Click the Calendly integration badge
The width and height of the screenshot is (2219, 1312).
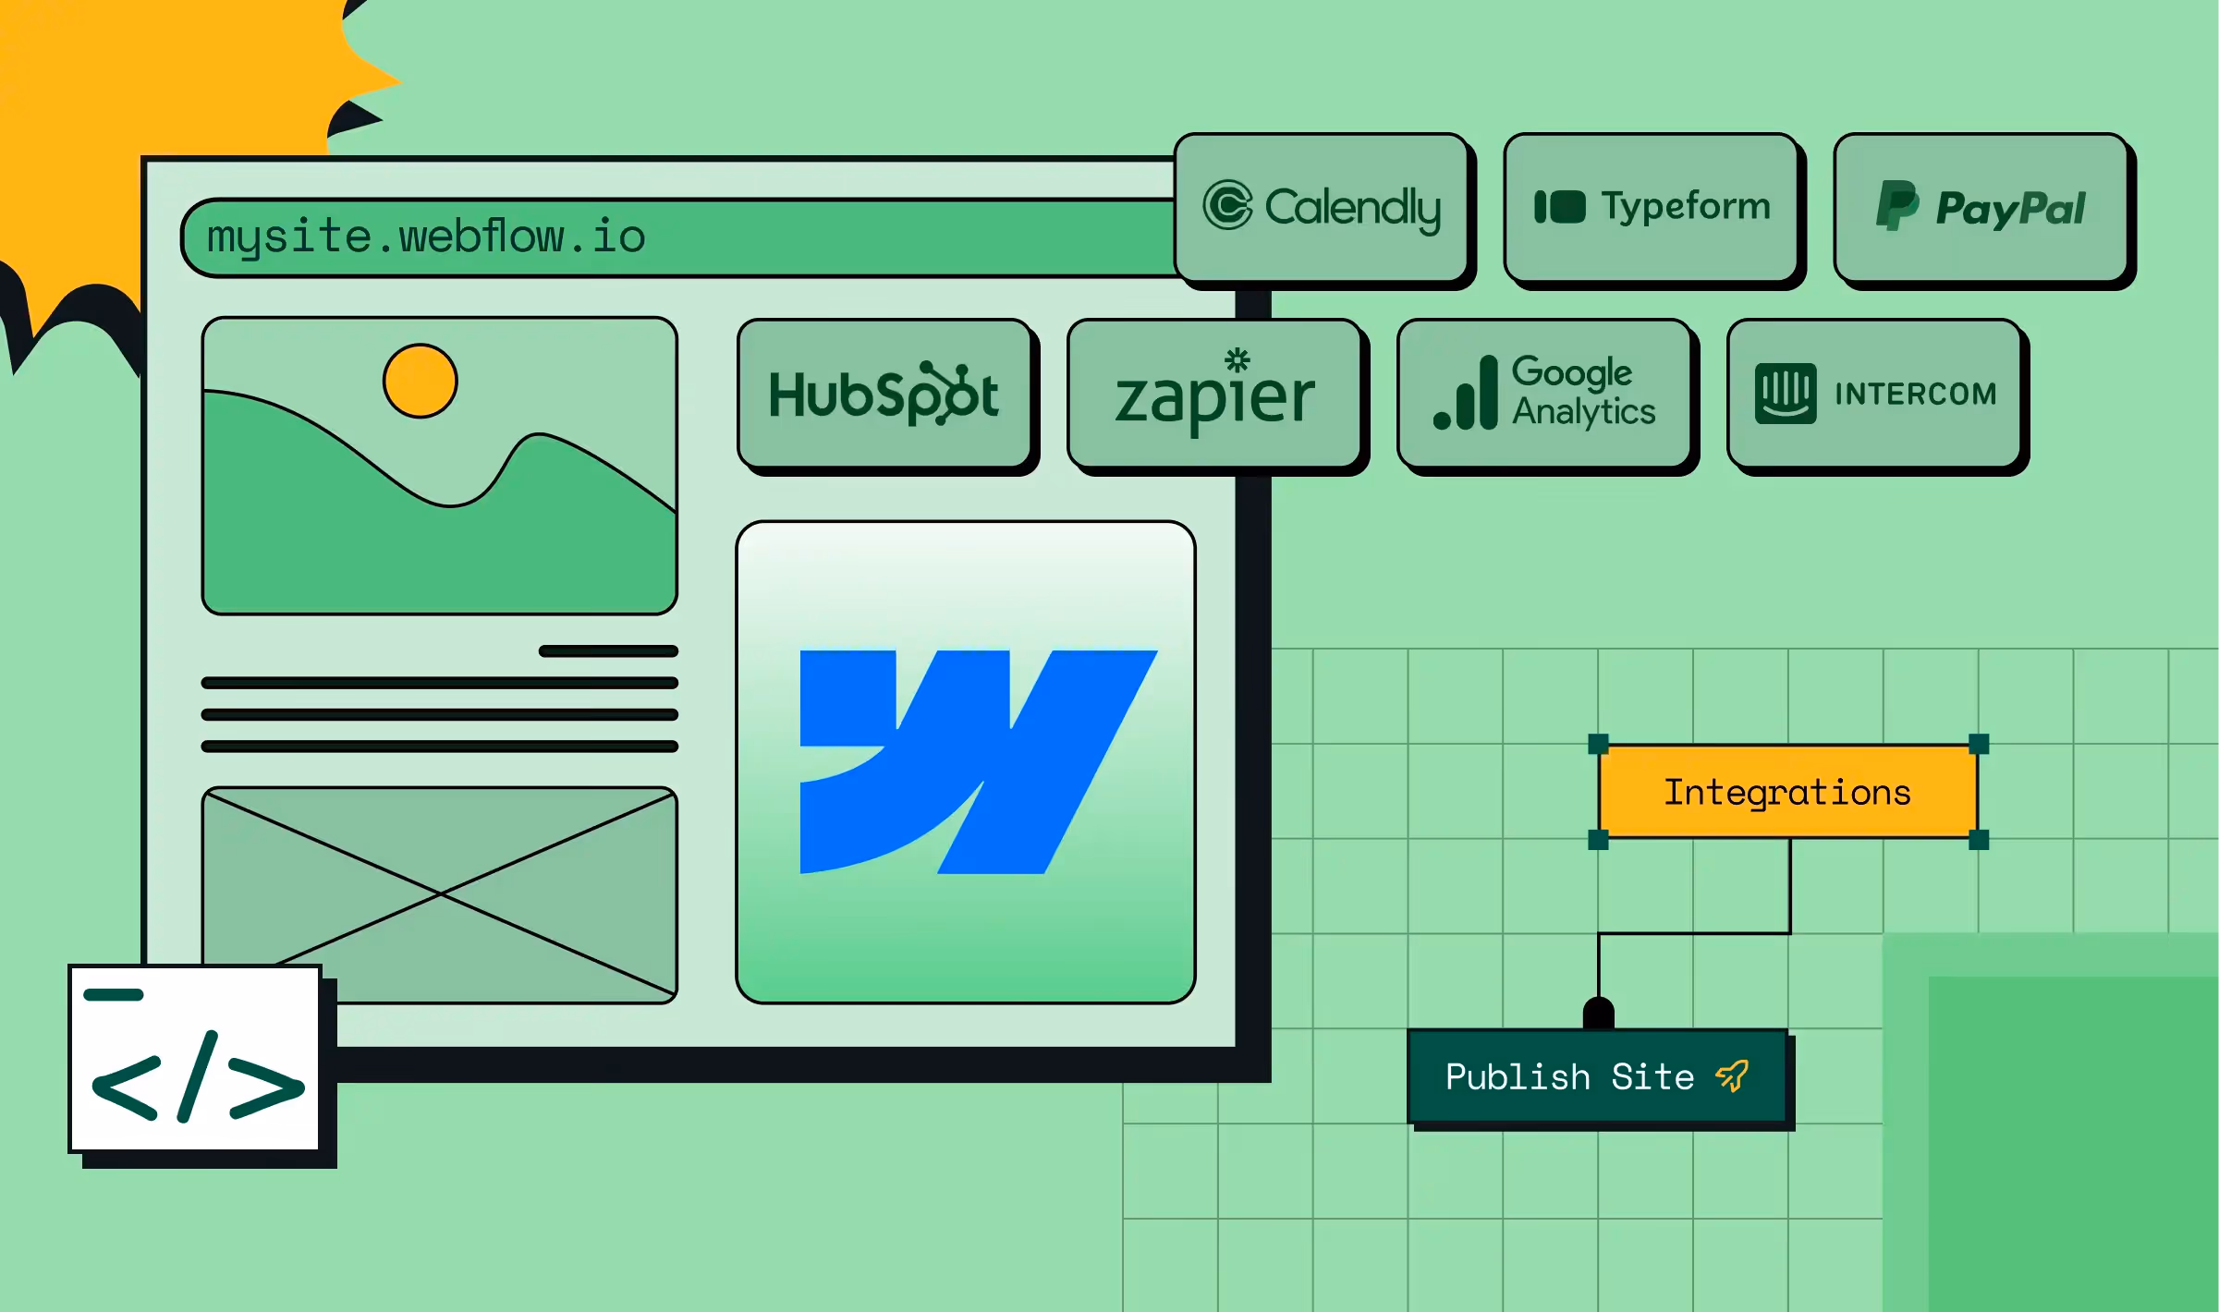[1322, 207]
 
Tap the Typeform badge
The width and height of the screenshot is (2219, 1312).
[1651, 207]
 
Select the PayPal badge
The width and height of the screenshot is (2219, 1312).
[1981, 207]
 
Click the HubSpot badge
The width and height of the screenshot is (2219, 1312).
[884, 394]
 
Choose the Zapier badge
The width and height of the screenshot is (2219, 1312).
[1214, 394]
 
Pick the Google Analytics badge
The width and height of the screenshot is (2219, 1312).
[1544, 394]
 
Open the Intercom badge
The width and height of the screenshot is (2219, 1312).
[1874, 394]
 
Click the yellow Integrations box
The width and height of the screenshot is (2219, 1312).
[1787, 792]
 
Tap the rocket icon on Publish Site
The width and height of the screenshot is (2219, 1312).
[1732, 1075]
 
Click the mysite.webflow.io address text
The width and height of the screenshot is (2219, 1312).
[426, 237]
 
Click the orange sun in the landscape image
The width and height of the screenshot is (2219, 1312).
[421, 381]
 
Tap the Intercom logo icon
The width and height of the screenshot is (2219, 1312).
[1786, 394]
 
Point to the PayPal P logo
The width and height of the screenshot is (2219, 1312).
[1897, 205]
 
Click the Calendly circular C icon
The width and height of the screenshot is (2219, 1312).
[1227, 205]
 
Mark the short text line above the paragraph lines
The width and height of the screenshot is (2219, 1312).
[608, 651]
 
